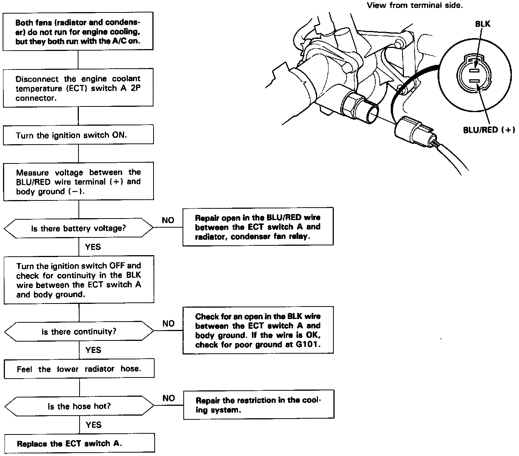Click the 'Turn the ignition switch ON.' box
[78, 135]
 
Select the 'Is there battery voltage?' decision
[78, 228]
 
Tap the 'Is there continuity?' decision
[79, 332]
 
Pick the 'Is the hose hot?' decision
[79, 407]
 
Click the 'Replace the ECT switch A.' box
[79, 444]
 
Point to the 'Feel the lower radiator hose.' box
[79, 369]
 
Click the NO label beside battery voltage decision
[168, 220]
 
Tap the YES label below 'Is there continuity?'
[93, 350]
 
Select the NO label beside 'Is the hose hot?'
[169, 398]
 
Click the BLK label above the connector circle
[482, 24]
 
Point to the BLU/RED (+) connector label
[489, 130]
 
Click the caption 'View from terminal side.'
[415, 5]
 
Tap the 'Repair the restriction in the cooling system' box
[259, 405]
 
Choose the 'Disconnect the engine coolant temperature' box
[78, 88]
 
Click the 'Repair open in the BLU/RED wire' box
[258, 227]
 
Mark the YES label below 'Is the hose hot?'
[93, 425]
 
